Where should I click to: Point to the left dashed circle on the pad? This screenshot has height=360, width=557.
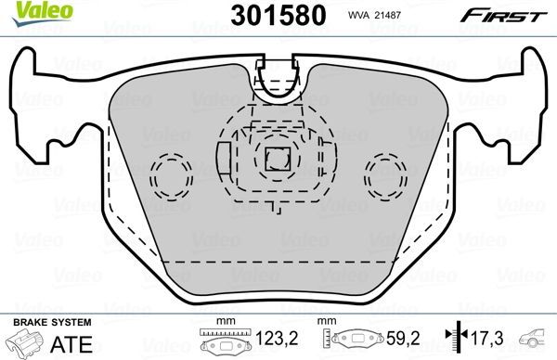(x=170, y=173)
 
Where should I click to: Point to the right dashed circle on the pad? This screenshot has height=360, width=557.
(x=386, y=173)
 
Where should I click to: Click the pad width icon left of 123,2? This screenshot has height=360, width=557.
(x=221, y=341)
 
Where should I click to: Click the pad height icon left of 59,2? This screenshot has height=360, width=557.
(x=359, y=341)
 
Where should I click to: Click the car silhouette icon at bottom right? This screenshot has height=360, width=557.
(x=537, y=339)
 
